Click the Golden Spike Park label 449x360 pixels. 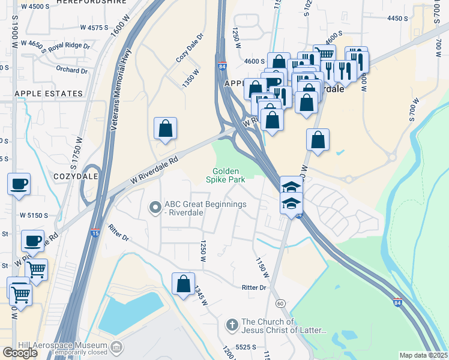click(225, 175)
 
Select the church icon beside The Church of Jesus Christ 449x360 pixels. click(232, 325)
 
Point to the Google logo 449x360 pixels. click(20, 353)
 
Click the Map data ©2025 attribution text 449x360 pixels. click(423, 355)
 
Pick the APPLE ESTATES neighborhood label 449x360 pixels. click(49, 94)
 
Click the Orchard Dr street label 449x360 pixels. click(72, 68)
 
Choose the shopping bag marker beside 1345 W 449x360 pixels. click(183, 284)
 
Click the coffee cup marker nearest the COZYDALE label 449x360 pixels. click(19, 184)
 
